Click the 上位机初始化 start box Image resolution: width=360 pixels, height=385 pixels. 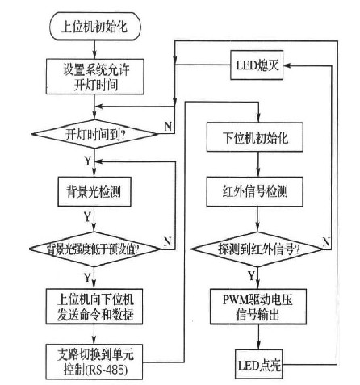pos(95,26)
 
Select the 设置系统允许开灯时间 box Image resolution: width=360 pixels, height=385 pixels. pos(95,77)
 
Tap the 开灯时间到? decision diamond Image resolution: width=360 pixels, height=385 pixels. pos(94,134)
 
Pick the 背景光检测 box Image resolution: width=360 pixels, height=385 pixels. pos(94,191)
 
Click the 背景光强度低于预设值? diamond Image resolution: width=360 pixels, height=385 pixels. pos(94,249)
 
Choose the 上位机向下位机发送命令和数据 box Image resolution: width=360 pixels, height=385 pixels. pos(94,307)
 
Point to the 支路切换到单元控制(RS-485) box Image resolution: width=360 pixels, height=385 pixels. pos(94,362)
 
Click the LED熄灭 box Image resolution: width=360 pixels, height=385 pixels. pos(257,65)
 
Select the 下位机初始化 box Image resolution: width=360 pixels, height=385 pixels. pos(255,137)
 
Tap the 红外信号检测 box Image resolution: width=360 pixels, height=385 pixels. pos(254,191)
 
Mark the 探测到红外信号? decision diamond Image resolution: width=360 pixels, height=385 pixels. pos(257,249)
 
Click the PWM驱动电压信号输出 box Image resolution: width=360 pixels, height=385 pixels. pos(258,307)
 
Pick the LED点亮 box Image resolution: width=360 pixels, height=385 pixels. pos(259,365)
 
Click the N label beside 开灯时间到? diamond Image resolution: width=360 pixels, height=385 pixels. pos(168,126)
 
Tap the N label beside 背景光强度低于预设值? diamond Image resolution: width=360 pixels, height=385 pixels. pos(168,241)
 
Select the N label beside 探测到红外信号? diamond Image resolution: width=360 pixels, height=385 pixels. pos(326,241)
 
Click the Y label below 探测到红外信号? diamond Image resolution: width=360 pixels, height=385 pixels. pos(251,275)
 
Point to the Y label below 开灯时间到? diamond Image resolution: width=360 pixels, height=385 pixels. pos(88,161)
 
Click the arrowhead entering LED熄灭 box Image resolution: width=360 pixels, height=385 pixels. pos(287,65)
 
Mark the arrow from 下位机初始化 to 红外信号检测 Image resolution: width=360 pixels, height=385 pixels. pos(258,164)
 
